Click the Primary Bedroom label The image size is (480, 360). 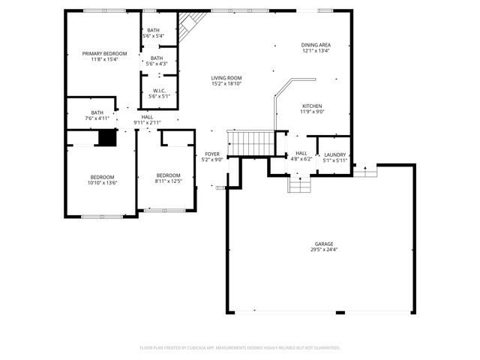click(x=104, y=54)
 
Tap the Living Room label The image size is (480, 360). click(x=226, y=77)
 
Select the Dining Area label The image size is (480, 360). click(x=316, y=45)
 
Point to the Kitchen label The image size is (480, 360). click(x=312, y=106)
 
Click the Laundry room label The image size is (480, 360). click(x=334, y=154)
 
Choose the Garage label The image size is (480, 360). click(x=324, y=244)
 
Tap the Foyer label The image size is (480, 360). click(x=213, y=154)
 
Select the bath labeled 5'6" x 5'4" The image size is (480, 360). click(x=153, y=31)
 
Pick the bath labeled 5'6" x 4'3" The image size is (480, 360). click(x=156, y=61)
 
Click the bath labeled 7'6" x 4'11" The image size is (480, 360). click(x=97, y=115)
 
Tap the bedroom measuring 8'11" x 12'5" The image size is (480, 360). click(x=168, y=178)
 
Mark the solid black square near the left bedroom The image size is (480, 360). click(x=108, y=138)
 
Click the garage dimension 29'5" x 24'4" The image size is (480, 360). click(x=324, y=249)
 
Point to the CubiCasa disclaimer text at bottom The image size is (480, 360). click(x=240, y=348)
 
